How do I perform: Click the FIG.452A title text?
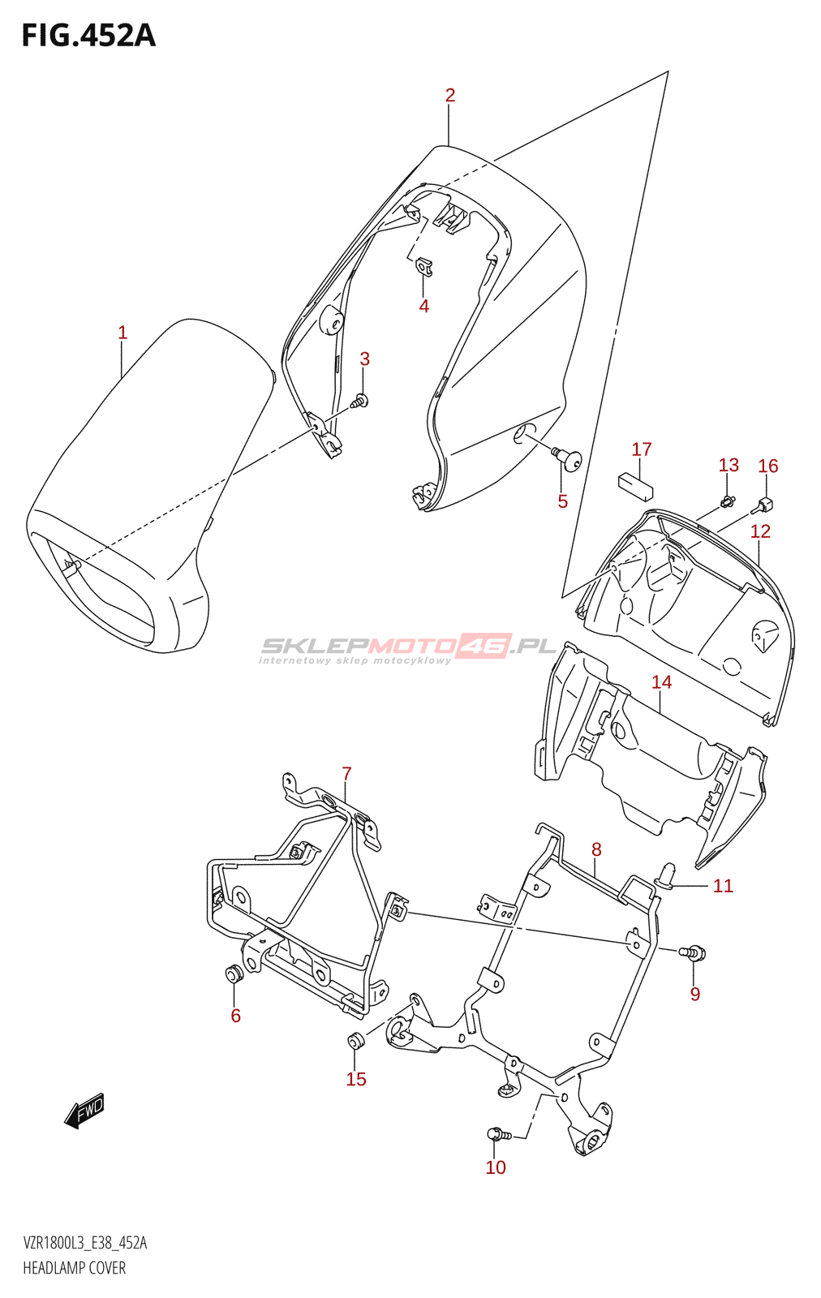click(88, 36)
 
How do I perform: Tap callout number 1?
click(123, 333)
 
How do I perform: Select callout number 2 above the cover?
click(450, 96)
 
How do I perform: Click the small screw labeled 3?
click(360, 400)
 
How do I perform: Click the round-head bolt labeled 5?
click(569, 459)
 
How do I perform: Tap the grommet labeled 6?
click(234, 973)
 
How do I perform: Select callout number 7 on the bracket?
click(346, 774)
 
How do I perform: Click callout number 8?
click(596, 850)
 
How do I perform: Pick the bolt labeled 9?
click(694, 952)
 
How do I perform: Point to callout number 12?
click(760, 531)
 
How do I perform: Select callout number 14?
click(662, 682)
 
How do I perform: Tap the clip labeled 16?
click(765, 505)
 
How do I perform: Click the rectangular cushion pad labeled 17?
click(636, 485)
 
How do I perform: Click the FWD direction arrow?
click(85, 1110)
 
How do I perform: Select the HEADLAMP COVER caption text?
click(75, 1268)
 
